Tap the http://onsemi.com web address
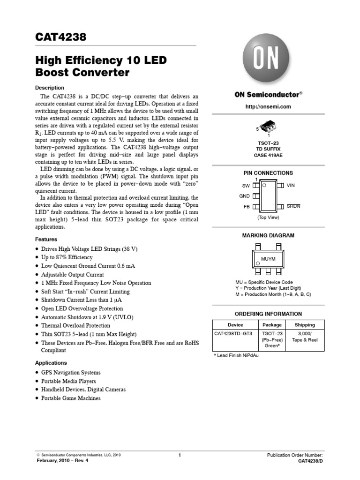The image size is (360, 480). [x=268, y=106]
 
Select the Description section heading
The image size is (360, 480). [x=50, y=88]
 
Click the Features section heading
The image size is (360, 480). [x=46, y=239]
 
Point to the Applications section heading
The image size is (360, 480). [x=51, y=363]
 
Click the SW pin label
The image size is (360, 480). [x=246, y=186]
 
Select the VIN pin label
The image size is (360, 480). [x=291, y=186]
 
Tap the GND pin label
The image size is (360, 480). [x=244, y=196]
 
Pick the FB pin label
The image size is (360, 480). [x=247, y=206]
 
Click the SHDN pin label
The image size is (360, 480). [x=293, y=206]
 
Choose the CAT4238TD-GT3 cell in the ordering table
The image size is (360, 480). [x=233, y=334]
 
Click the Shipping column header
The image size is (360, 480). [x=305, y=324]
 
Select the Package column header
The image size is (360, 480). [x=272, y=324]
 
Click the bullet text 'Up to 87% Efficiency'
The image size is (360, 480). [x=67, y=257]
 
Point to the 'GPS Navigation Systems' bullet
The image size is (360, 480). [x=71, y=373]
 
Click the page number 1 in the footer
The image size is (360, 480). [x=180, y=455]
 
